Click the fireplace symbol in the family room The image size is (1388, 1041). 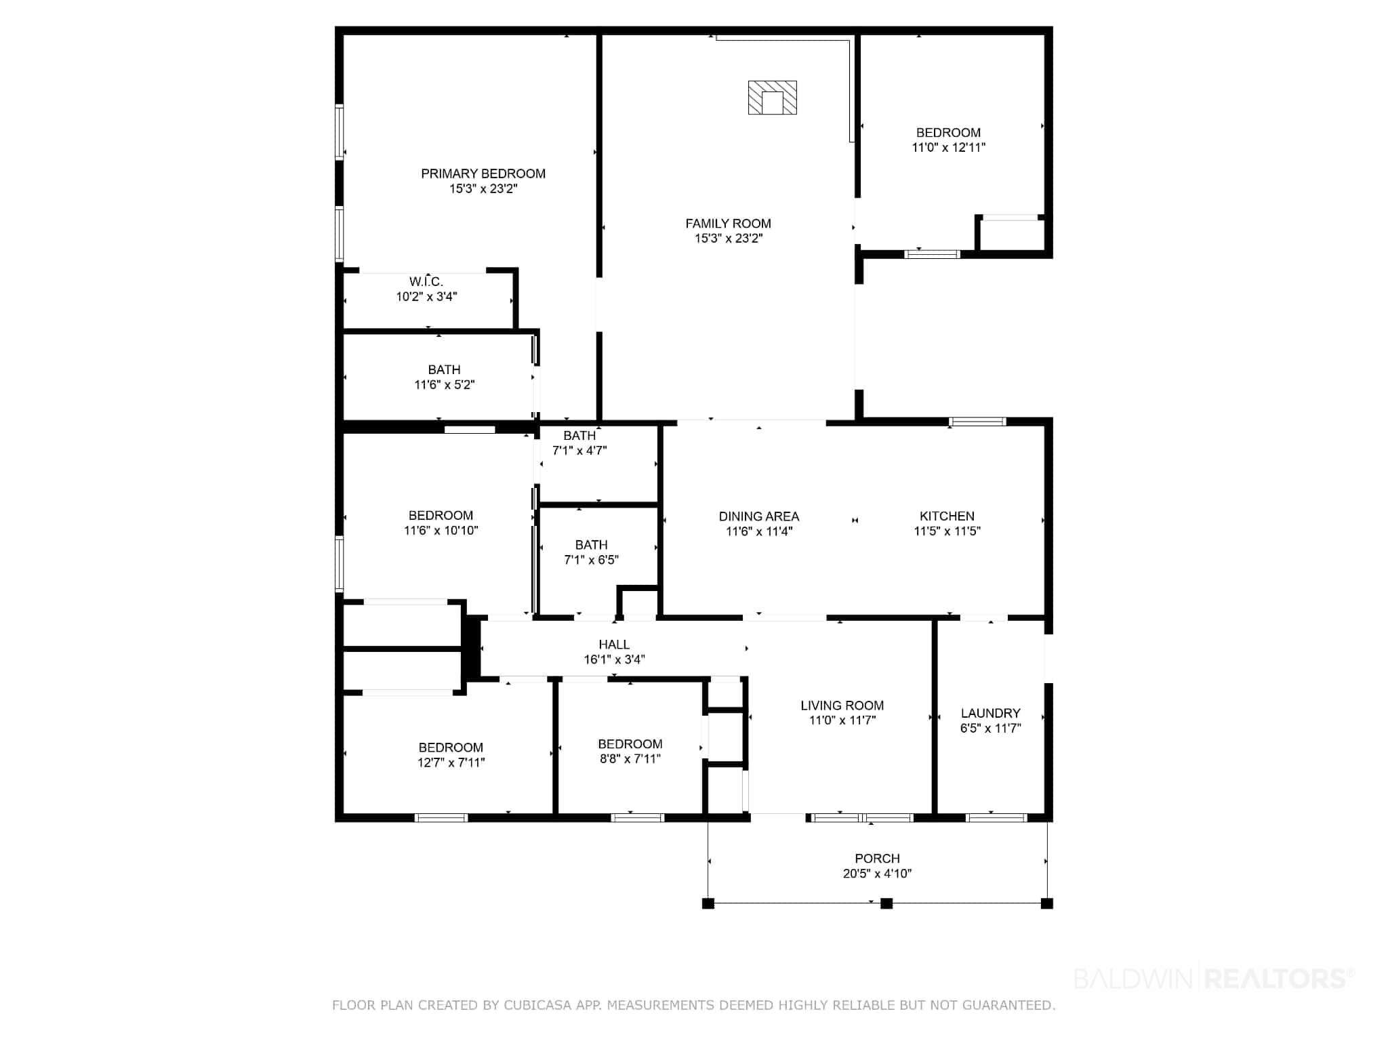tap(772, 98)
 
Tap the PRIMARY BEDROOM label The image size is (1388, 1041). tap(483, 173)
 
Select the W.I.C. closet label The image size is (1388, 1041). tap(426, 281)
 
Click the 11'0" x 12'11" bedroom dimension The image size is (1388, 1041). tap(948, 147)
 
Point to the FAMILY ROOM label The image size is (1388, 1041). tap(728, 223)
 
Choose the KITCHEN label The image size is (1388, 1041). tap(947, 516)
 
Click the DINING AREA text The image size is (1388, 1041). tap(759, 516)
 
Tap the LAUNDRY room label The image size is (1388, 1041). tap(990, 713)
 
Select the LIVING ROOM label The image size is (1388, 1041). tap(842, 706)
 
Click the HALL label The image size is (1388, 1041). tap(614, 645)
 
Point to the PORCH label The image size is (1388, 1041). tap(877, 859)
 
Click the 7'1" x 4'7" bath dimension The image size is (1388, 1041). tap(579, 450)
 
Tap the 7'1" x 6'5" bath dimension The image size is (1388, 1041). tap(591, 560)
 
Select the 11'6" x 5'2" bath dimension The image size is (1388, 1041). tap(445, 385)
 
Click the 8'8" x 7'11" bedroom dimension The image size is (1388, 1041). tap(630, 759)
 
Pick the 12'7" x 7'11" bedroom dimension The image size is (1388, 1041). tap(451, 762)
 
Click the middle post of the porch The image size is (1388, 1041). tap(886, 903)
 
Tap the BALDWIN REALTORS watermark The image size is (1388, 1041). tap(1214, 979)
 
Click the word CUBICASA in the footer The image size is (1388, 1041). tap(535, 1006)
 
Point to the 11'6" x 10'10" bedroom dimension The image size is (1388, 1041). tap(441, 531)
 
